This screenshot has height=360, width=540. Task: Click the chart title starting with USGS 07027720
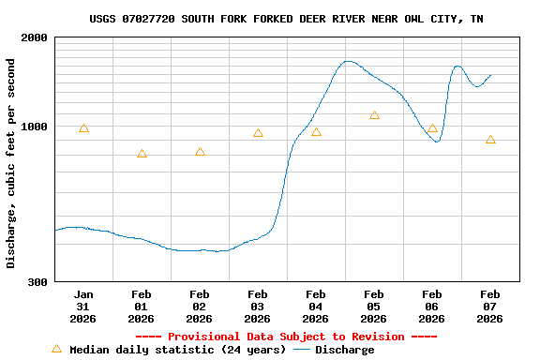tap(287, 19)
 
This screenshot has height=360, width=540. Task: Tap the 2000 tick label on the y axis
tap(35, 37)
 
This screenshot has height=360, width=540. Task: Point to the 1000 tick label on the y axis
tap(35, 127)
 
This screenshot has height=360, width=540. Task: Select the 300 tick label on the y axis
tap(38, 281)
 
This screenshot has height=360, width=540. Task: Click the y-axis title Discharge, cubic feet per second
tap(11, 163)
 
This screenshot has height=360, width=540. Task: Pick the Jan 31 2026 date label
tap(83, 307)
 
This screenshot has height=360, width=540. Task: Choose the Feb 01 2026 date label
tap(142, 307)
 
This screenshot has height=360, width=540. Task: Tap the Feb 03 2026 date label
tap(258, 307)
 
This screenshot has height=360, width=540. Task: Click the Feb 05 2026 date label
tap(374, 307)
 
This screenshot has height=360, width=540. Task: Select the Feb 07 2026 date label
tap(490, 307)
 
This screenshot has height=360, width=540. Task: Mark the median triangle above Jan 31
tap(83, 128)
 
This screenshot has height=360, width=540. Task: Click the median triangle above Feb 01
tap(142, 154)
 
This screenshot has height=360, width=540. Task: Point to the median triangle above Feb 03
tap(258, 133)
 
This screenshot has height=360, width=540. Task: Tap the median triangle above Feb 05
tap(374, 115)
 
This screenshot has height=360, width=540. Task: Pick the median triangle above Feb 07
tap(490, 140)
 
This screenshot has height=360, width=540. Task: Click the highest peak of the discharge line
tap(348, 61)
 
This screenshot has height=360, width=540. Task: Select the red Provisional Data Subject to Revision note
tap(287, 337)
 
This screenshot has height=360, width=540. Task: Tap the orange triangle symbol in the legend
tap(56, 349)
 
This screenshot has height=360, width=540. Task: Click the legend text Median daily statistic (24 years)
tap(178, 350)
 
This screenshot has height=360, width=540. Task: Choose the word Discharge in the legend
tap(344, 350)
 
